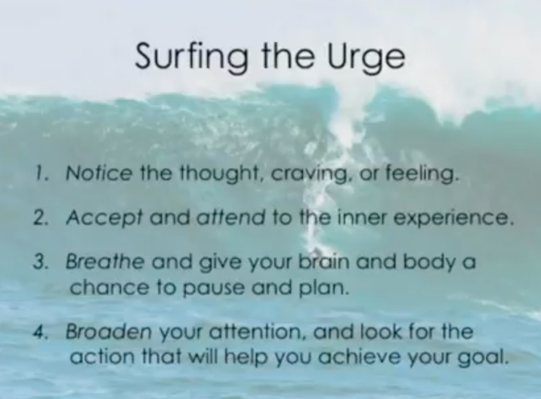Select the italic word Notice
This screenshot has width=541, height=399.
(x=99, y=173)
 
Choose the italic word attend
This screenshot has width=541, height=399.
(x=230, y=217)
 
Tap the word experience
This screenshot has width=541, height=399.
(x=452, y=219)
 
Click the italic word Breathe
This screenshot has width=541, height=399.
(x=104, y=262)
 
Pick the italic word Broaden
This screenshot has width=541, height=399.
(x=108, y=331)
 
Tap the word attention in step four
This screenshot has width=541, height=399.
(x=258, y=331)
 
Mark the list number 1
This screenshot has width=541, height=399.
(x=42, y=173)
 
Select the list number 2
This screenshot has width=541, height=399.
(x=42, y=218)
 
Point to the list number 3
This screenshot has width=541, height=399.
(x=42, y=262)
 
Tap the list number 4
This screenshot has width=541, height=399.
(x=41, y=332)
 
